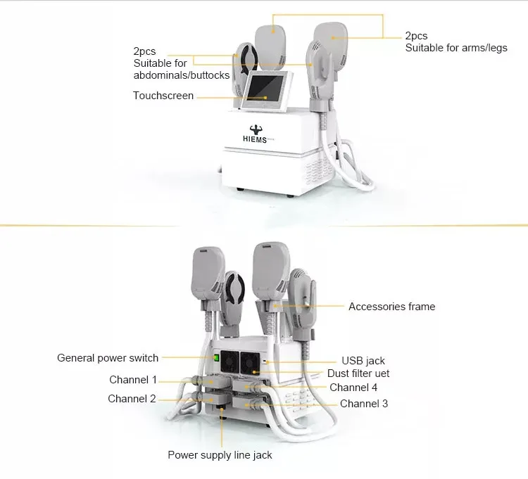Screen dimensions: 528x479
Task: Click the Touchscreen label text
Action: pyautogui.click(x=163, y=96)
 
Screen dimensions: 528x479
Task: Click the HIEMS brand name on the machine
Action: pyautogui.click(x=255, y=139)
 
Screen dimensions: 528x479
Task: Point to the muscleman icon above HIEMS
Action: pyautogui.click(x=256, y=129)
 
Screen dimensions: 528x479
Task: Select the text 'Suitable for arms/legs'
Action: pyautogui.click(x=456, y=48)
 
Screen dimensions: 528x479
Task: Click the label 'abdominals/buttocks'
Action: pyautogui.click(x=182, y=75)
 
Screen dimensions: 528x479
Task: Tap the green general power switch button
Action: pyautogui.click(x=216, y=357)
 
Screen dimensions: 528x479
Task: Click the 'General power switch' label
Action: pyautogui.click(x=108, y=358)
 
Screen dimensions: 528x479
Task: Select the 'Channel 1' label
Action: pyautogui.click(x=133, y=380)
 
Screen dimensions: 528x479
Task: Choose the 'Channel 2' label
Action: pyautogui.click(x=132, y=399)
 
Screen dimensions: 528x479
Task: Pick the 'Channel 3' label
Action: pyautogui.click(x=364, y=404)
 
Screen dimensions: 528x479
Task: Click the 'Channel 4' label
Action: pyautogui.click(x=353, y=388)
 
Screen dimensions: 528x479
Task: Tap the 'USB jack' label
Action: pyautogui.click(x=363, y=361)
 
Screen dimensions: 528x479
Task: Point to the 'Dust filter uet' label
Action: pyautogui.click(x=358, y=373)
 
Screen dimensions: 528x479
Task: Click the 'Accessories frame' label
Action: pyautogui.click(x=392, y=307)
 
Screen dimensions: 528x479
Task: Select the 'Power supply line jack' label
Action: pyautogui.click(x=220, y=455)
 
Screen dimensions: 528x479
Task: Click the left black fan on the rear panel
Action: pyautogui.click(x=230, y=362)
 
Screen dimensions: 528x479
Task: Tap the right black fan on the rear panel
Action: pyautogui.click(x=250, y=363)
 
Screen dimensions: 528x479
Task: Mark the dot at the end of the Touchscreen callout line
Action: pyautogui.click(x=265, y=98)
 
